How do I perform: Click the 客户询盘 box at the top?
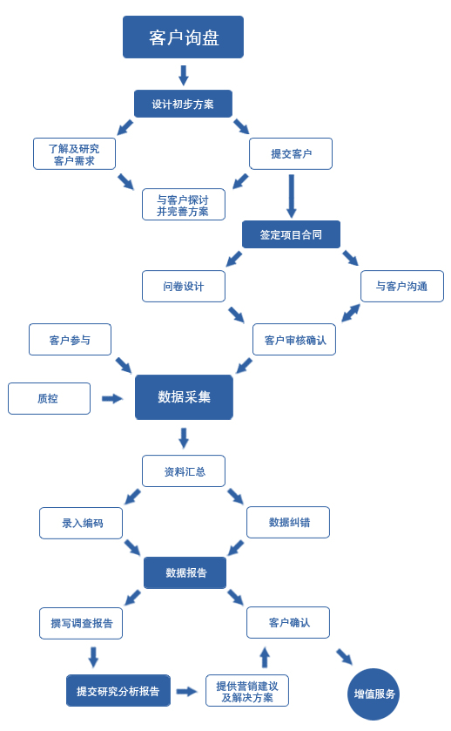183,37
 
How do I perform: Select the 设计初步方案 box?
183,104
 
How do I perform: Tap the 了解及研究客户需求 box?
74,154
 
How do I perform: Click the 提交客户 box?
291,153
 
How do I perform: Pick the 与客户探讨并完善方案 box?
183,204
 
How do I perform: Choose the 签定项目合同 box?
291,234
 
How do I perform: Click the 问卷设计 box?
183,287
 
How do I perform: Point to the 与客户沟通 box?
401,287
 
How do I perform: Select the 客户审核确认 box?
294,340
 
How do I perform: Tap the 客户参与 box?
70,340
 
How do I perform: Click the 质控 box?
49,398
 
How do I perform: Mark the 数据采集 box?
184,397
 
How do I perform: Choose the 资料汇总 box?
184,471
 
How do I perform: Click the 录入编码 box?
81,523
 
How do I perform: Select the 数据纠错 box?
288,522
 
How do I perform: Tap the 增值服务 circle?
374,694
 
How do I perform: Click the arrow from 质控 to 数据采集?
112,398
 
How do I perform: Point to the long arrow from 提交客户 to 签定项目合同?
291,196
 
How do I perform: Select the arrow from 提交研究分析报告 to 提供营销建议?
186,692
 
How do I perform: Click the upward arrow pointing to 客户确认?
265,657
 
